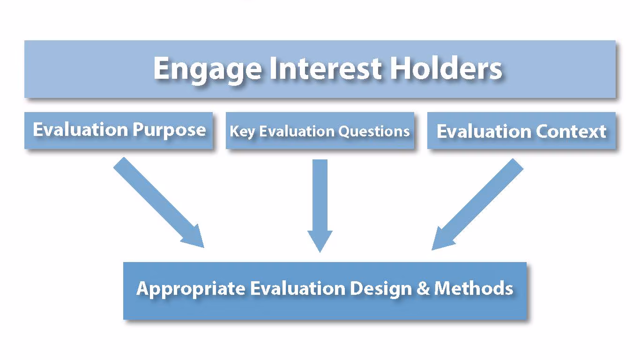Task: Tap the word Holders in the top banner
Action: pos(446,68)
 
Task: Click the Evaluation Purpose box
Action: pos(119,130)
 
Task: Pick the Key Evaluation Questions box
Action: pos(320,131)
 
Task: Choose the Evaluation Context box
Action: pos(521,131)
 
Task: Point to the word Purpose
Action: pos(169,130)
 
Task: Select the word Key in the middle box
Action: pos(242,132)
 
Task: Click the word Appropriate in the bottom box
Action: pos(191,288)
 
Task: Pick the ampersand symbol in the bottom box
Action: pos(423,288)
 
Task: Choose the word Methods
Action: pos(474,288)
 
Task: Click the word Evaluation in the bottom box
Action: pos(298,288)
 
